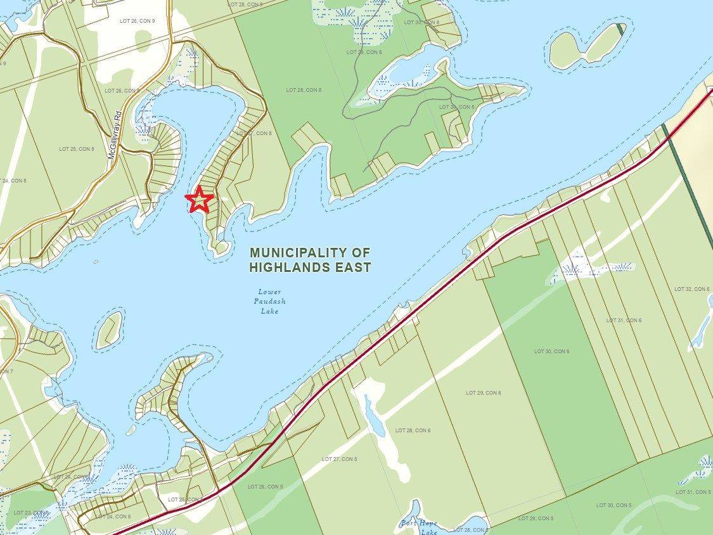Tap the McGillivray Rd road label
point(115,136)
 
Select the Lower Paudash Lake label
point(269,301)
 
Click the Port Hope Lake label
point(419,527)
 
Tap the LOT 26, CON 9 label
point(138,21)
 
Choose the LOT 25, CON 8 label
point(77,149)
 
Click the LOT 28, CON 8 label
point(304,90)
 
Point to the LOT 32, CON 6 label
point(692,289)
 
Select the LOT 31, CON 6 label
point(624,320)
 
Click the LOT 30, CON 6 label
point(551,351)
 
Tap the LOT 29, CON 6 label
point(484,393)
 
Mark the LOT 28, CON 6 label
point(413,430)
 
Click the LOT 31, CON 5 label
point(693,492)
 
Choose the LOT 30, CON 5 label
point(613,505)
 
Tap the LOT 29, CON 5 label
point(536,518)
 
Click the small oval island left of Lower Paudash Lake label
point(109,330)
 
